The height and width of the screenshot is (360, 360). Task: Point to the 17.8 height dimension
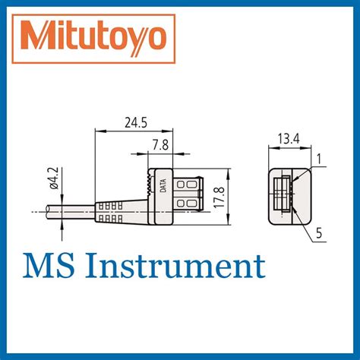coord(219,196)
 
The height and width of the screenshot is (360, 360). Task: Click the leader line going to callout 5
coord(303,225)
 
